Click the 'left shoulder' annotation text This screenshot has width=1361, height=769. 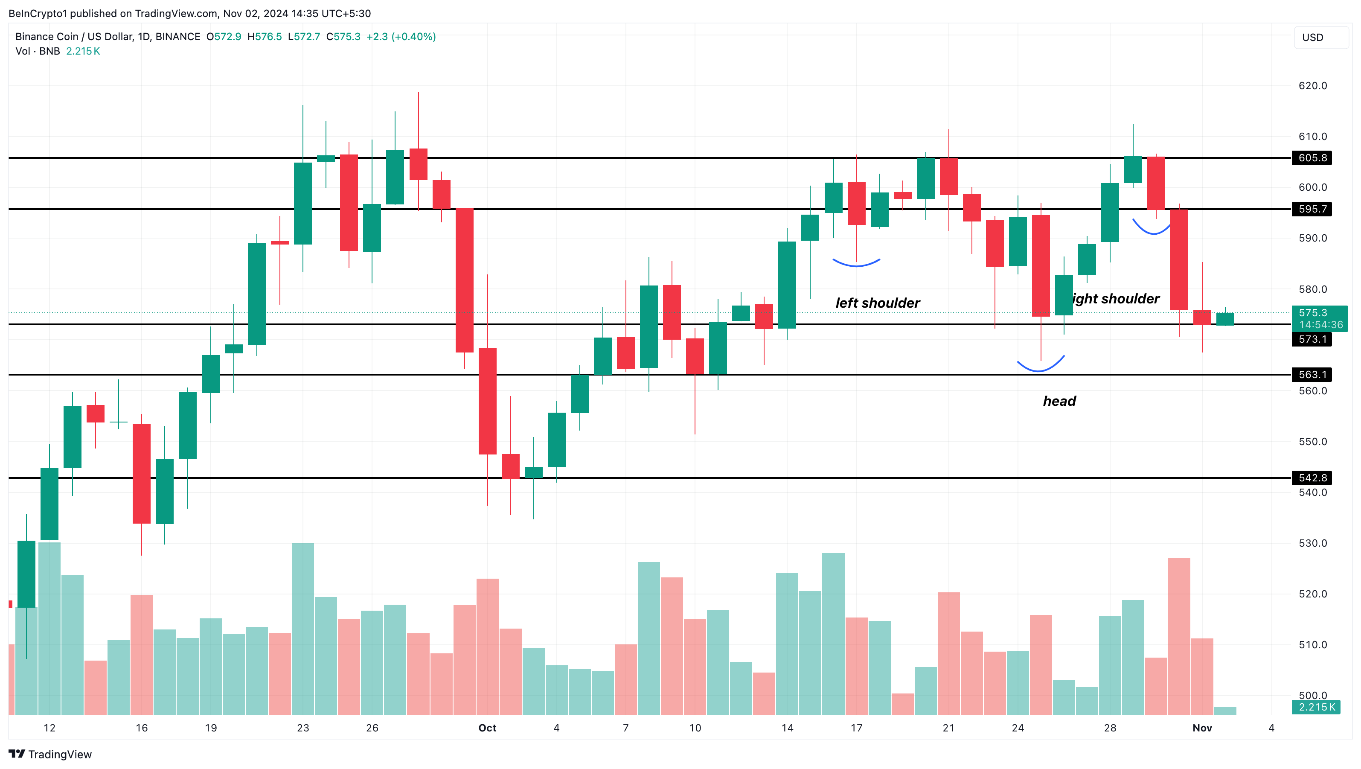(x=877, y=303)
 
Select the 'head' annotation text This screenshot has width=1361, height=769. (x=1059, y=401)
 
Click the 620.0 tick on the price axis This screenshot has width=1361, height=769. (x=1312, y=86)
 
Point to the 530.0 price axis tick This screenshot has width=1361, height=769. (x=1312, y=543)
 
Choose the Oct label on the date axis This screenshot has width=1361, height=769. (x=487, y=728)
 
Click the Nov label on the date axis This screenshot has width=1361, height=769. (x=1202, y=728)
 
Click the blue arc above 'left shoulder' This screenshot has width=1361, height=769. (x=856, y=263)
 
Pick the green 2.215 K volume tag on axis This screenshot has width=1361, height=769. (x=1316, y=707)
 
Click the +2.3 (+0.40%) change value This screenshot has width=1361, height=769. (x=401, y=36)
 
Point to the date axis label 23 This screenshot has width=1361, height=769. (x=303, y=728)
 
